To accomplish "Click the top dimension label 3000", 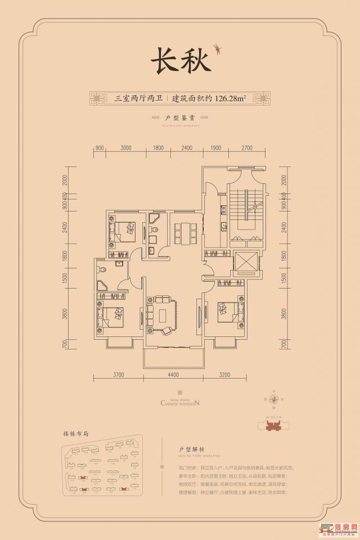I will coord(125,148).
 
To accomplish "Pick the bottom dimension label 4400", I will coord(172,374).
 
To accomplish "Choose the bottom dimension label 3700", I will coord(118,374).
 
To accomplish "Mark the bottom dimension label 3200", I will coord(226,374).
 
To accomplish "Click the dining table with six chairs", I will coord(184,231).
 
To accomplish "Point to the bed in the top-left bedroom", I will coord(125,230).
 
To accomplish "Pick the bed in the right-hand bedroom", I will coord(231,312).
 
